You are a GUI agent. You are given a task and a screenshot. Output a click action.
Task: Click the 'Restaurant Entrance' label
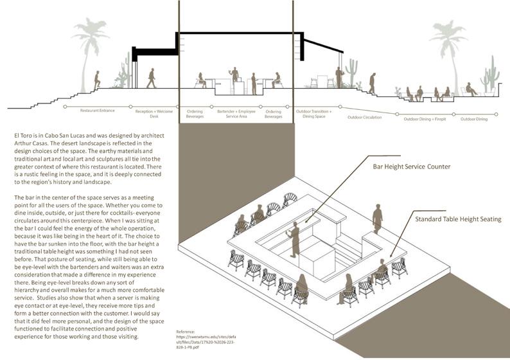[x=97, y=111]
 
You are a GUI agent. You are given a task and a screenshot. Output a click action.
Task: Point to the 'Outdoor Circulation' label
[x=364, y=117]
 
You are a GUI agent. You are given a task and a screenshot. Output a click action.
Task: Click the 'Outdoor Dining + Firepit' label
[x=425, y=120]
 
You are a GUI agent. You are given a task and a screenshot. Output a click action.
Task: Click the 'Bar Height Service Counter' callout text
[x=412, y=166]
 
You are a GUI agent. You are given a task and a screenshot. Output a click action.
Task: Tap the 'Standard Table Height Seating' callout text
[x=457, y=219]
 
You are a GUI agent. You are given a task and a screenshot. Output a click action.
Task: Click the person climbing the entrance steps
[x=97, y=80]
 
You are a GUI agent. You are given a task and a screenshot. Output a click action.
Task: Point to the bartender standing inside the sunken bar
[x=295, y=239]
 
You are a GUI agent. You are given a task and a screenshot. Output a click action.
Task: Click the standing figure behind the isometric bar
[x=378, y=219]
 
